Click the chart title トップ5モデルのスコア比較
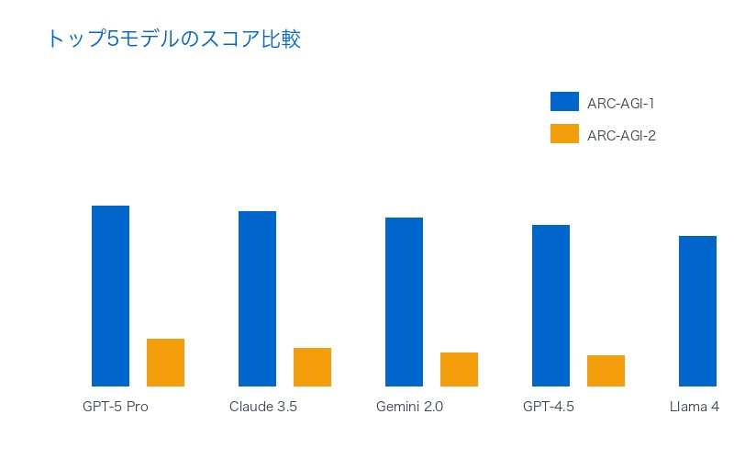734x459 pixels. tap(173, 39)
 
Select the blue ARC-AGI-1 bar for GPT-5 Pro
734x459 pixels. tap(110, 296)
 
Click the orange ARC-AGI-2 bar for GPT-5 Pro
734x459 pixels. tap(165, 363)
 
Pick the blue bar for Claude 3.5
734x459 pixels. tap(257, 298)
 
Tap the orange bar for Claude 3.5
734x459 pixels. tap(312, 367)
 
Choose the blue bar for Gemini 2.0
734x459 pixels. tap(404, 302)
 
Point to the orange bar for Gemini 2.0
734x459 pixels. tap(459, 369)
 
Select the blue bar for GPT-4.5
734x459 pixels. tap(550, 306)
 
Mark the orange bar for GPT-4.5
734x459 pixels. tap(606, 371)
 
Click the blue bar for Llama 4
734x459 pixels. tap(697, 311)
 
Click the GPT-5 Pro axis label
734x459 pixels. tap(115, 407)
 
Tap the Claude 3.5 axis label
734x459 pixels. tap(263, 407)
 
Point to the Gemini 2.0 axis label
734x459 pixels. tap(409, 407)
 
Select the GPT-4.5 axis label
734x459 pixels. tap(549, 407)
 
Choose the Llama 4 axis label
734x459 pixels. tap(695, 407)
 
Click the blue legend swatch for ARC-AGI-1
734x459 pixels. tap(564, 102)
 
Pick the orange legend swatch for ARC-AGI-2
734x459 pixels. tap(564, 134)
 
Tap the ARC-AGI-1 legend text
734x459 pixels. tap(620, 104)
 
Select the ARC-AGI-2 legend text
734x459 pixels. tap(621, 136)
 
